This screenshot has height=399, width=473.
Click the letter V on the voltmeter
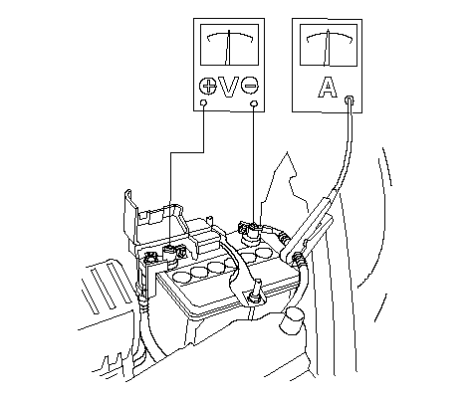[x=229, y=87]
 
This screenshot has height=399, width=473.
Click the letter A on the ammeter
[x=328, y=88]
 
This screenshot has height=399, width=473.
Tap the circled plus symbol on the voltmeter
[x=208, y=86]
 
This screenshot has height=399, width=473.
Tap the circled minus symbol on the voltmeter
[x=250, y=86]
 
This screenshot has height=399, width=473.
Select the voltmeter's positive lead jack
[x=204, y=103]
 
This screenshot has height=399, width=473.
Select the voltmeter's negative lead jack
[x=254, y=103]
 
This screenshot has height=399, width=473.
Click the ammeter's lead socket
[x=350, y=100]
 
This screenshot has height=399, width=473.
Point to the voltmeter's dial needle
[x=228, y=48]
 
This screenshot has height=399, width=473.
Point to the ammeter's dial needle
[x=327, y=48]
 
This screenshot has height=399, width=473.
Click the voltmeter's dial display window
[x=229, y=45]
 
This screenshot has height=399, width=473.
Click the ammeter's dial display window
[x=329, y=45]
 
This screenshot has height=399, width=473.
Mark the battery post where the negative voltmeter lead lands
[x=251, y=235]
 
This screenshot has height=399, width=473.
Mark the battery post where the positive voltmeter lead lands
[x=170, y=256]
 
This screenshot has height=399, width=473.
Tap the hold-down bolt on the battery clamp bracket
[x=257, y=291]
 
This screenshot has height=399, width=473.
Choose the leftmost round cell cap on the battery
[x=181, y=277]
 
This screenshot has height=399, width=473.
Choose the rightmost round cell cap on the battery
[x=264, y=253]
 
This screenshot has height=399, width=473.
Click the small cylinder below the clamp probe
[x=291, y=320]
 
